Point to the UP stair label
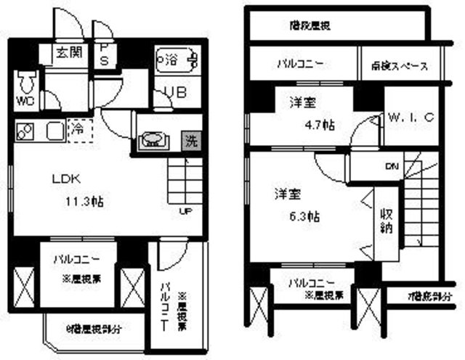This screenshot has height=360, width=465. (187, 212)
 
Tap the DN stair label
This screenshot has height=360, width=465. (390, 166)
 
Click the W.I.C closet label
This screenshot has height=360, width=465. (411, 116)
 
